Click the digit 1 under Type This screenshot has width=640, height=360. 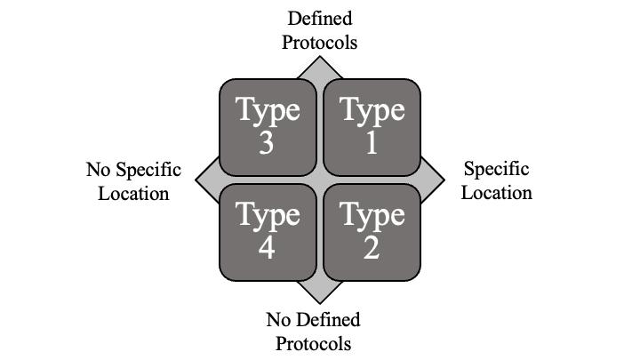click(372, 143)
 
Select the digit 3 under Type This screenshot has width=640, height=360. click(267, 143)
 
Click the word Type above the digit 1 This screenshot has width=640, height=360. click(372, 111)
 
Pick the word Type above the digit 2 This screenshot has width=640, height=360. click(372, 216)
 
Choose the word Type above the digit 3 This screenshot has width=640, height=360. click(267, 111)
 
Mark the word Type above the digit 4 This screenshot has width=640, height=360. click(267, 216)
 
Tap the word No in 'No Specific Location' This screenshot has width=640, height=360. click(98, 170)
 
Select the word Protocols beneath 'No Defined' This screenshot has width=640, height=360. click(313, 343)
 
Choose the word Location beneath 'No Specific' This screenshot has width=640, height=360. click(133, 192)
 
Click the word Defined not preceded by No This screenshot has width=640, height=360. click(318, 19)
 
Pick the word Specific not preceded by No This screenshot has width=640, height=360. click(497, 170)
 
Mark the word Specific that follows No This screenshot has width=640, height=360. click(147, 170)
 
